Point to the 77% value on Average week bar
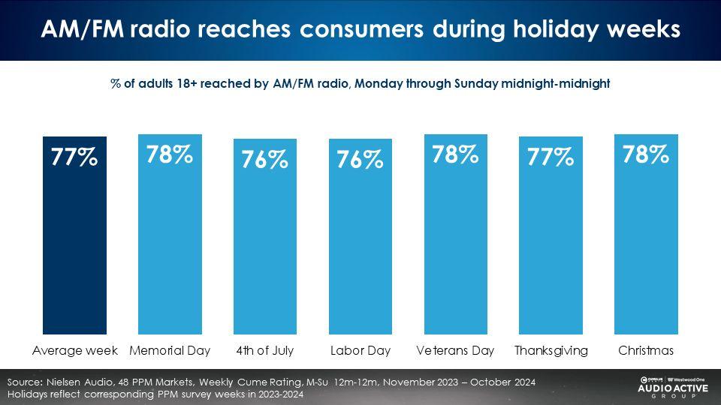click(x=74, y=157)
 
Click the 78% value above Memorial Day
click(x=170, y=154)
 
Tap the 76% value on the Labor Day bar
click(x=360, y=159)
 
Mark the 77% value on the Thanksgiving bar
click(x=551, y=157)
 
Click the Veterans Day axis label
click(x=455, y=350)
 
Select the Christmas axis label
click(x=646, y=350)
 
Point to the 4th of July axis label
click(x=264, y=350)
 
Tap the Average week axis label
click(x=74, y=350)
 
